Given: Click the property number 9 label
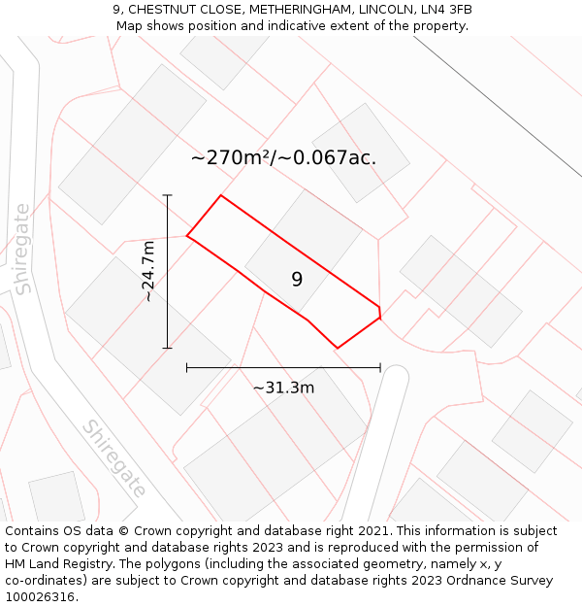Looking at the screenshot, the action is (297, 280).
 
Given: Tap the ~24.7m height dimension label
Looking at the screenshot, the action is (148, 272).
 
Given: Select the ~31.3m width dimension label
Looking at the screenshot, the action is (283, 388).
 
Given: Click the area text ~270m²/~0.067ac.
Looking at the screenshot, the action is (283, 157).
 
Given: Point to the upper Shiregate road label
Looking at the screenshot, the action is (22, 249).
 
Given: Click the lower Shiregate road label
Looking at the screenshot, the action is (113, 458).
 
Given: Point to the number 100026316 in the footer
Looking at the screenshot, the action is (40, 597).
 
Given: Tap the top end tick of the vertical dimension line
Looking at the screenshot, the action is (168, 195).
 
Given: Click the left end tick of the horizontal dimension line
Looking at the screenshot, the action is (186, 368).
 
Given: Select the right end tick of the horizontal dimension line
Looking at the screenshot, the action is (380, 368).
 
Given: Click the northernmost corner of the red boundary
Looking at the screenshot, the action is (221, 195).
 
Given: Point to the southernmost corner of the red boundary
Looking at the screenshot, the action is (338, 348).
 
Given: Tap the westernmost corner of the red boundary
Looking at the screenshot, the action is (186, 235).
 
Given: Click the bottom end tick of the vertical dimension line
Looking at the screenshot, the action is (168, 348).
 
